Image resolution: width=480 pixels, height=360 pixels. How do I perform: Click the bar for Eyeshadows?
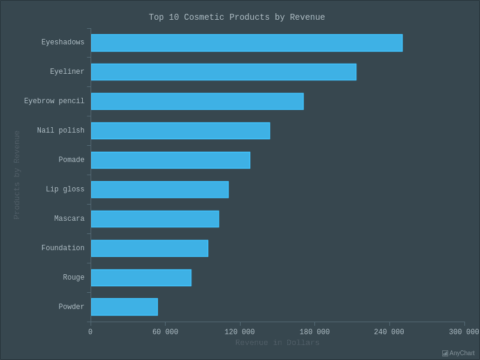[x=247, y=43]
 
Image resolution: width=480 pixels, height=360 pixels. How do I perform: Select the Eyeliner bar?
[x=223, y=72]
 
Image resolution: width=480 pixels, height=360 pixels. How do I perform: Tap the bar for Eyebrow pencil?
[x=197, y=101]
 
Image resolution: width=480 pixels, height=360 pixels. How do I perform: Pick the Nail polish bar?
[x=180, y=131]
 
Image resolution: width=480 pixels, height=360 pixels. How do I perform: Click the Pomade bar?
[x=170, y=160]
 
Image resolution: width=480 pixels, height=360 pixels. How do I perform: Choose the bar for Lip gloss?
[x=160, y=190]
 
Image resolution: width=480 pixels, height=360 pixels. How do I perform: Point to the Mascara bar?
[x=155, y=219]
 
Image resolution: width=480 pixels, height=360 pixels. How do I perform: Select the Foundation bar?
[x=149, y=248]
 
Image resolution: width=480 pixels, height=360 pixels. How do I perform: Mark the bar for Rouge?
[x=141, y=278]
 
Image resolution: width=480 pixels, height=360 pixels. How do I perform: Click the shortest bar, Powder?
[x=124, y=307]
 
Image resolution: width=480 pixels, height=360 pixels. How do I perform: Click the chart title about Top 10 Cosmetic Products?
[x=237, y=17]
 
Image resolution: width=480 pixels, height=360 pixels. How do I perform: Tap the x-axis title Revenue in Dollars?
[x=277, y=343]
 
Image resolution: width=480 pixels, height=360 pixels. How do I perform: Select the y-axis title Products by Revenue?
[x=17, y=175]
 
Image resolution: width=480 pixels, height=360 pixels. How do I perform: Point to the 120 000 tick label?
[x=239, y=332]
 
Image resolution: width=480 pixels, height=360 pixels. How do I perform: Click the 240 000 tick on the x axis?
[x=389, y=332]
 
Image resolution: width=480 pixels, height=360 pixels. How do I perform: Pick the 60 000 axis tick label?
[x=165, y=332]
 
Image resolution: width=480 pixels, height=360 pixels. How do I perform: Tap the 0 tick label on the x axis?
[x=91, y=332]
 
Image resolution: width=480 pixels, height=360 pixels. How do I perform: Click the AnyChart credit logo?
[x=458, y=353]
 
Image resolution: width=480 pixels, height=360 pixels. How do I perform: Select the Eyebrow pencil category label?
[x=54, y=101]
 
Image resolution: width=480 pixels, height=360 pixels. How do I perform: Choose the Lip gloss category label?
[x=65, y=190]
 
